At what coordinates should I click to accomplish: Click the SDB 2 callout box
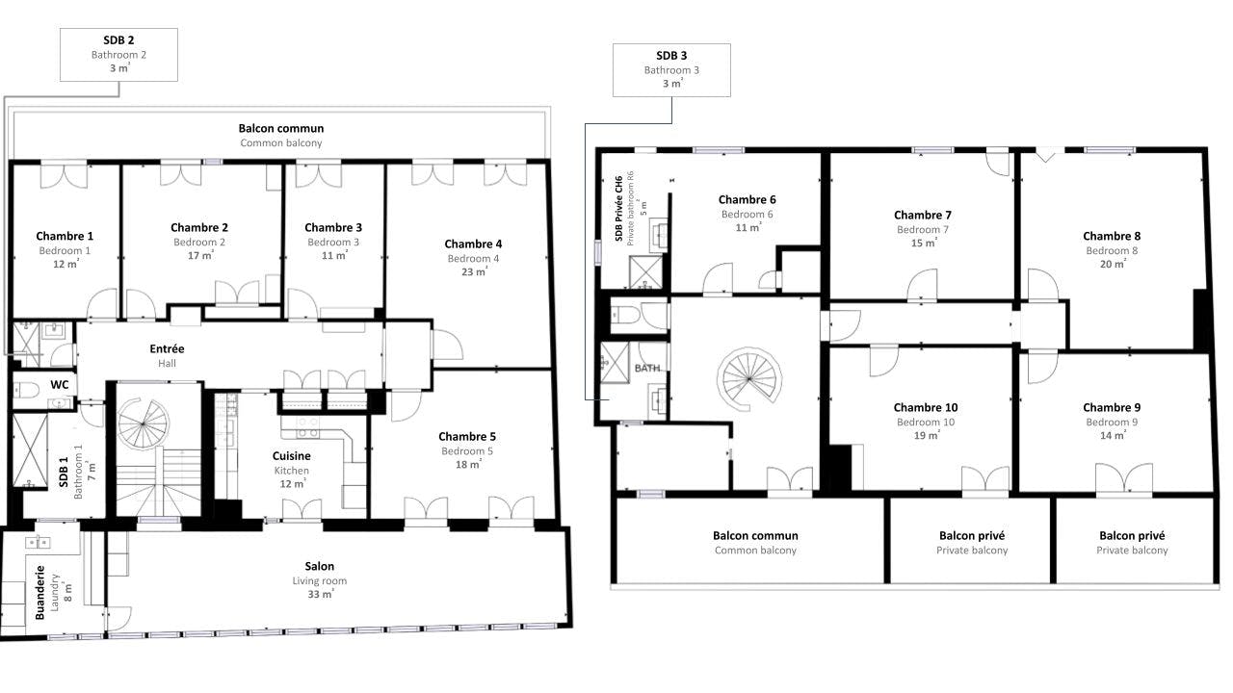click(x=118, y=55)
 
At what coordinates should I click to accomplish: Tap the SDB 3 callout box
click(x=671, y=70)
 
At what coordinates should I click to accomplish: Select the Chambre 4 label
click(x=473, y=244)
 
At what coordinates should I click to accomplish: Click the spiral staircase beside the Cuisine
click(x=144, y=424)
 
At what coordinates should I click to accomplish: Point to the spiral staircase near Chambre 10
click(x=749, y=379)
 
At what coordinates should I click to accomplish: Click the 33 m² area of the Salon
click(x=321, y=594)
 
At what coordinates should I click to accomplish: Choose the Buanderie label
click(x=40, y=592)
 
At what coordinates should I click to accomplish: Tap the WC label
click(x=60, y=384)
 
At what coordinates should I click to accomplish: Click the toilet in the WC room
click(x=25, y=390)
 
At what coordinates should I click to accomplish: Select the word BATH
click(x=647, y=368)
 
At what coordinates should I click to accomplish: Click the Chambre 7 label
click(x=923, y=215)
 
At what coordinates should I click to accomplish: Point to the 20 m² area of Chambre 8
click(x=1113, y=264)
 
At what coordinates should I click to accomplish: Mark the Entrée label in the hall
click(x=167, y=348)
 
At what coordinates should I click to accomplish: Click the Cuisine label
click(x=291, y=456)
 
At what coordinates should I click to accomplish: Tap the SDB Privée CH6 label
click(x=618, y=209)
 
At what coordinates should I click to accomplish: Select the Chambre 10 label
click(x=926, y=407)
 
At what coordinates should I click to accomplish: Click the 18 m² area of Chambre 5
click(x=468, y=464)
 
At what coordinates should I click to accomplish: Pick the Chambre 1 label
click(x=65, y=236)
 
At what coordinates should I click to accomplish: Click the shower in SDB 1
click(x=30, y=450)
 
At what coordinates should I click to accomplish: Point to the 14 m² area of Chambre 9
click(x=1113, y=435)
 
